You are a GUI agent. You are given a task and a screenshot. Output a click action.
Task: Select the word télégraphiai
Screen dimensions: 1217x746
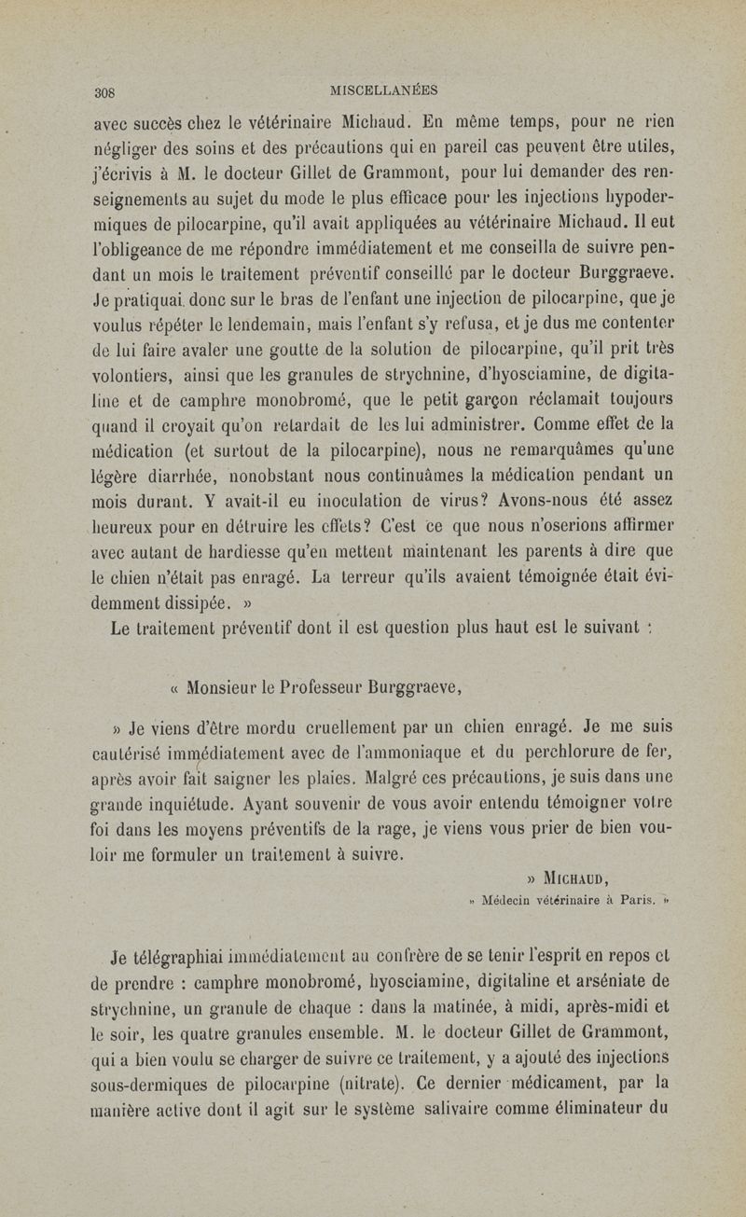[x=190, y=954]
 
